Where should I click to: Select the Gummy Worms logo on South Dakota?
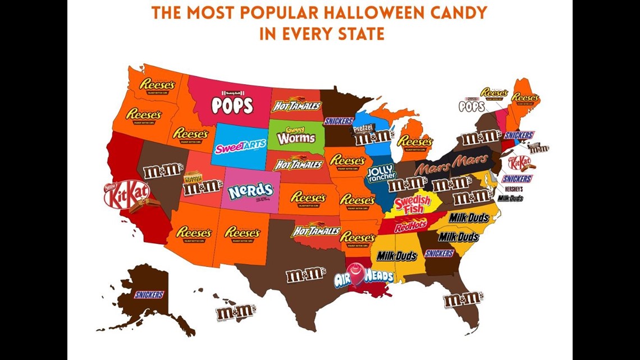296,135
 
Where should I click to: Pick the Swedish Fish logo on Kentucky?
412,204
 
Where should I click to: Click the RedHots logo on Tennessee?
410,226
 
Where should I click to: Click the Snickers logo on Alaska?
149,294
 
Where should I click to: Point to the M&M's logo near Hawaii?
236,312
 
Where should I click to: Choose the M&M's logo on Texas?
305,275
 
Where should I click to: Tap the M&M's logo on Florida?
463,299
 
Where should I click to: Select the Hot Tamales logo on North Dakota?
296,106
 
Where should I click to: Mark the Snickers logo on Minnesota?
339,121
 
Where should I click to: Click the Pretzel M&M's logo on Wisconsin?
372,134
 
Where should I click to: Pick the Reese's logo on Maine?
525,98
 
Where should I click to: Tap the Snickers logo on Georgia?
439,253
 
